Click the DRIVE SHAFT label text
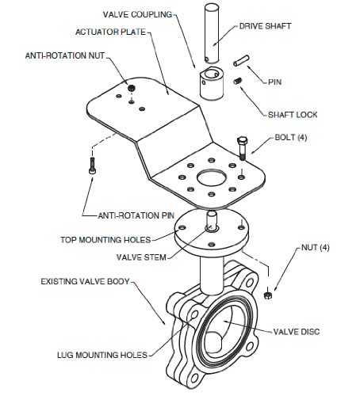265,26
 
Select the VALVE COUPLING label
137,14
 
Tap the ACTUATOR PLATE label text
110,32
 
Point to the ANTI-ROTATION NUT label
65,55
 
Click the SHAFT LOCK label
293,115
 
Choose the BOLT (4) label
291,137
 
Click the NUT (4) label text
316,248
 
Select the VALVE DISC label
297,332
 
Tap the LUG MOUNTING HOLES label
102,355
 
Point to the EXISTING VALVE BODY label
85,281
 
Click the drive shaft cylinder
212,33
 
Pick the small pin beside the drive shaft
241,60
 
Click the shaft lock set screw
238,81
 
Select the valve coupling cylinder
212,83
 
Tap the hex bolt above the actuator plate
242,147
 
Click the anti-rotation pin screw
92,166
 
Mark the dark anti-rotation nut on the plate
131,88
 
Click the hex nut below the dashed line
268,295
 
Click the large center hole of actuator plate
211,178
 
